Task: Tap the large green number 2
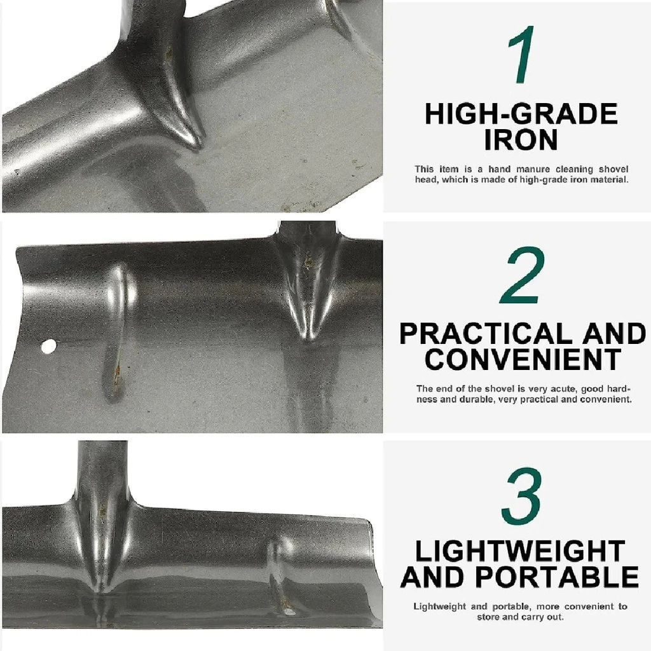coord(521,275)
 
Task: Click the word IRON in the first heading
coord(521,140)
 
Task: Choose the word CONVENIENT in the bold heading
coord(523,360)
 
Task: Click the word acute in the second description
coord(563,389)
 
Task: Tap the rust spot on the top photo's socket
coord(169,53)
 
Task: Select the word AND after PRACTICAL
coord(614,334)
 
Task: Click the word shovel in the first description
coord(613,169)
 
